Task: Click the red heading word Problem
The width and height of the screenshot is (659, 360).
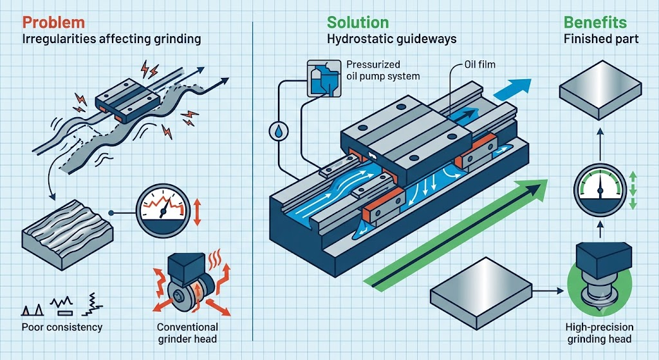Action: click(53, 23)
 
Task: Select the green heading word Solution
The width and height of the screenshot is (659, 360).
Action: click(358, 23)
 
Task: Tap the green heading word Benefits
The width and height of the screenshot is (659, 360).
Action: click(595, 23)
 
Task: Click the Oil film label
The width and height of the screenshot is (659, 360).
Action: click(479, 64)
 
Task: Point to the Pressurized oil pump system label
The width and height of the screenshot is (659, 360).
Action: click(383, 70)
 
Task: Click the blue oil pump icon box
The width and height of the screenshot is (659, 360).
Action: click(324, 78)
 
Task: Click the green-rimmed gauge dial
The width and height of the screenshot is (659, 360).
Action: click(600, 191)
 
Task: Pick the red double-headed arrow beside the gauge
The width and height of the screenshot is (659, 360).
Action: click(198, 213)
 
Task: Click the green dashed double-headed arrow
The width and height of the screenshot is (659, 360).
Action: click(633, 191)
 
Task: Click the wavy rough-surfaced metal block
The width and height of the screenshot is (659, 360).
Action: click(67, 234)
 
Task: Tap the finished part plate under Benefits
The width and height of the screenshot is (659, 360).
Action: click(600, 90)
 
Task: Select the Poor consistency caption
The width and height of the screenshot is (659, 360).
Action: click(62, 327)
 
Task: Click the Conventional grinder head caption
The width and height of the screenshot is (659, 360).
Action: click(187, 333)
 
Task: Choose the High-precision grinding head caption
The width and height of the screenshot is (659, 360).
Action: click(599, 333)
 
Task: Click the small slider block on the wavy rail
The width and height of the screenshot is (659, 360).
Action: click(127, 101)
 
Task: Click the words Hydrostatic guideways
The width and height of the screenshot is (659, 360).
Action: click(392, 39)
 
